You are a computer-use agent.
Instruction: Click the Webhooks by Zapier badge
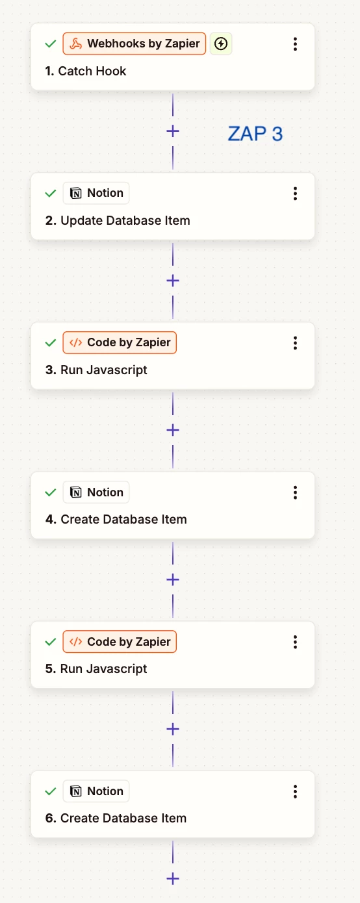pos(135,44)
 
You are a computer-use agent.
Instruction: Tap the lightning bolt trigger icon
pos(221,44)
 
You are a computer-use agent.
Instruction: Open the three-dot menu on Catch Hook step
pos(295,44)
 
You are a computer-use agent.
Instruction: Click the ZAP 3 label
pos(255,133)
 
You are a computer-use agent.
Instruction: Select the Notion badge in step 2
pos(96,193)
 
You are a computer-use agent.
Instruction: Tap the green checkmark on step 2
pos(51,194)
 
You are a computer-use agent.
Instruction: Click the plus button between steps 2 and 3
pos(173,281)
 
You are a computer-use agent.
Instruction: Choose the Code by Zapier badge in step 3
pos(120,342)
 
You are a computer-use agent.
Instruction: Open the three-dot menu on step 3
pos(295,343)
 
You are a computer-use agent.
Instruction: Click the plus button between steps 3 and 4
pos(173,430)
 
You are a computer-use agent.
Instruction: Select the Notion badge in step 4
pos(96,492)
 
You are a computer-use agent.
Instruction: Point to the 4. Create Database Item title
pos(116,519)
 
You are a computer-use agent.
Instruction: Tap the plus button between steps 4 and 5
pos(173,579)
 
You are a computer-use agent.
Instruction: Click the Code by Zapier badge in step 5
pos(120,642)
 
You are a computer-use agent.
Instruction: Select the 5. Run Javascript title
pos(96,668)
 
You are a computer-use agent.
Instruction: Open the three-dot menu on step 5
pos(295,642)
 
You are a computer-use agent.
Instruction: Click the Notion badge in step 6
pos(96,791)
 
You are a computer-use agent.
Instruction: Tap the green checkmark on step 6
pos(51,791)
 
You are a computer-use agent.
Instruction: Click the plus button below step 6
pos(173,878)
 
